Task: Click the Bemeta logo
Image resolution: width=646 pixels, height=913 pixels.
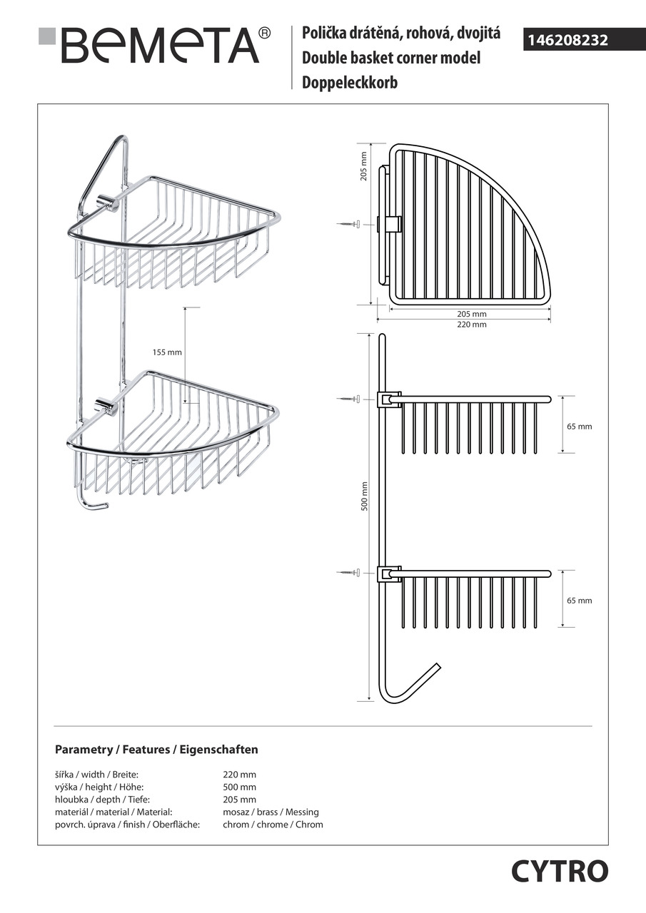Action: pos(153,45)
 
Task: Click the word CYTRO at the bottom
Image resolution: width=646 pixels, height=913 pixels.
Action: pos(559,871)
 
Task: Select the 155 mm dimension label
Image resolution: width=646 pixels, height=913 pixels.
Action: pos(167,352)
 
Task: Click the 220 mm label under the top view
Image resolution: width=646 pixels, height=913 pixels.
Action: pos(471,325)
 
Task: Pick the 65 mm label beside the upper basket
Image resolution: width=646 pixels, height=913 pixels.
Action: pos(579,427)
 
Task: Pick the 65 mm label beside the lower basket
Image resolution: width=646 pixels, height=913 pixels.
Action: pos(579,601)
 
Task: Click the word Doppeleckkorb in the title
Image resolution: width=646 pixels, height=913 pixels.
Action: pos(350,82)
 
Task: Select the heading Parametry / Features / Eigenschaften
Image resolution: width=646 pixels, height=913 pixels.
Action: pos(156,750)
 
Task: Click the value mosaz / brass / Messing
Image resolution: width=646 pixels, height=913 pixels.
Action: pos(271,812)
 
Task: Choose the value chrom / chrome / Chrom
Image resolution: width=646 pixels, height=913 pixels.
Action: pos(273,825)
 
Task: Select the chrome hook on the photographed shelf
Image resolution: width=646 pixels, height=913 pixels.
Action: pos(91,503)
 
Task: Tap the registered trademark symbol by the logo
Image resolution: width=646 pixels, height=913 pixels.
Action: pos(264,33)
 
